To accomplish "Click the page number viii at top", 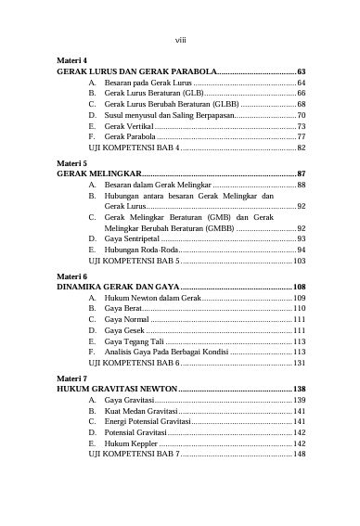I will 180,39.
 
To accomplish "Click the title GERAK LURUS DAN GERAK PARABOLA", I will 136,71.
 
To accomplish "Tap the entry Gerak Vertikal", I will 129,125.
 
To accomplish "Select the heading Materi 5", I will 71,162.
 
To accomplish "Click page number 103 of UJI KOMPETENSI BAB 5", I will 299,263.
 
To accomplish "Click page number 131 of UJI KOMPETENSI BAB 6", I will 299,364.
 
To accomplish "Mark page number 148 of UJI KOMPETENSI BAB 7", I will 299,455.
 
